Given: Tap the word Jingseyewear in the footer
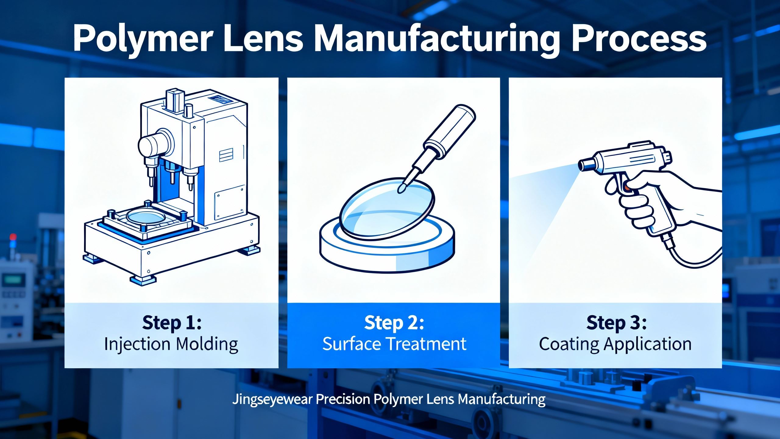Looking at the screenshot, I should (273, 399).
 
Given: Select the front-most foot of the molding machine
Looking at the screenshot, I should (142, 280).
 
